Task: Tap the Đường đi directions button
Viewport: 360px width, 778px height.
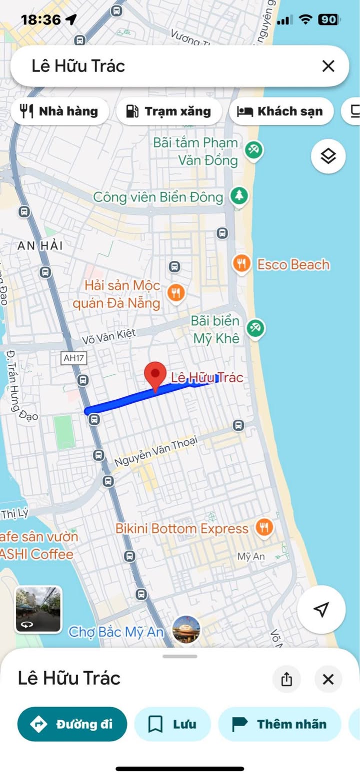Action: point(72,724)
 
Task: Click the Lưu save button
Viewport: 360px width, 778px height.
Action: point(172,724)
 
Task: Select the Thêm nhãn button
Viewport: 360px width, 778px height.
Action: point(279,724)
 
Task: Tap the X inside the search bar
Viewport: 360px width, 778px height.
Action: point(328,66)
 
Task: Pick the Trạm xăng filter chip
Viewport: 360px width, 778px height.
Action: point(168,111)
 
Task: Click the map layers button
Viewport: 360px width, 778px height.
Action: point(328,156)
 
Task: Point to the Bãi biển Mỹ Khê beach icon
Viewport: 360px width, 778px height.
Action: point(255,328)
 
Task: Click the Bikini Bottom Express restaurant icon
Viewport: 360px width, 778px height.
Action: point(264,527)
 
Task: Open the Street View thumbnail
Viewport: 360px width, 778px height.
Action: point(38,610)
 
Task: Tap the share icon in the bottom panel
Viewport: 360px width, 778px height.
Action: point(286,679)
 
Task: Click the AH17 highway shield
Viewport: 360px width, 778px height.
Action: point(73,358)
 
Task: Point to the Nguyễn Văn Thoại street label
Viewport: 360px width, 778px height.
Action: point(156,450)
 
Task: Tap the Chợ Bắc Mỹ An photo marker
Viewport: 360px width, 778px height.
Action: point(186,630)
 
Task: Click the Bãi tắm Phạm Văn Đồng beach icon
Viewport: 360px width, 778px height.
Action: point(254,149)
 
